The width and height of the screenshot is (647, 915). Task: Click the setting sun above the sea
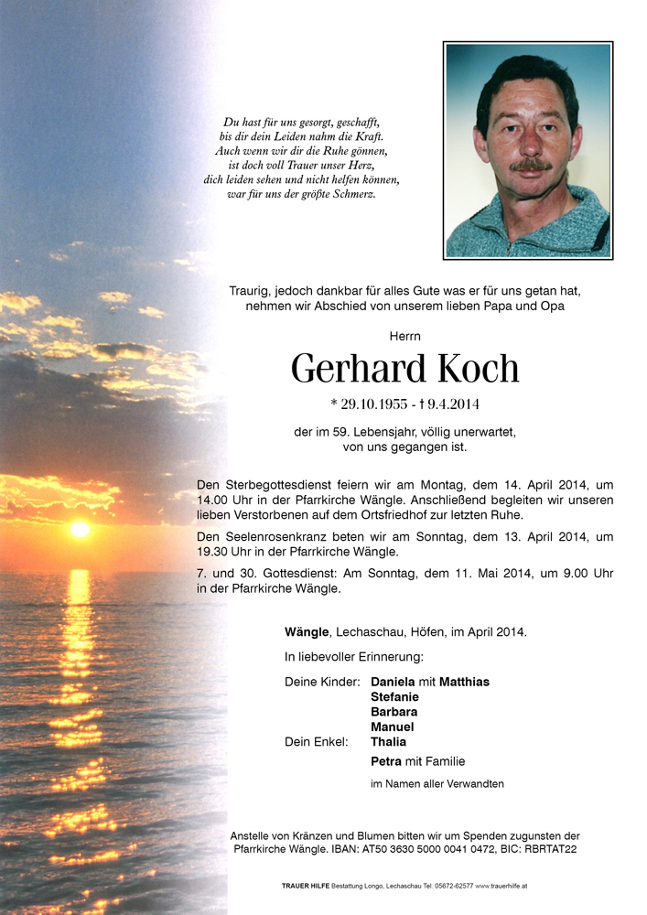(80, 529)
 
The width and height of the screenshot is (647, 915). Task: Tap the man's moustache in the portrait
(532, 166)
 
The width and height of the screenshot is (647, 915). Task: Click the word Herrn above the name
(404, 337)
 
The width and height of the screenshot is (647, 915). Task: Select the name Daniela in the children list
(393, 682)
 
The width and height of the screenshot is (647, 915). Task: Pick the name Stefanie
(394, 696)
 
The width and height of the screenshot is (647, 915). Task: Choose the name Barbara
(394, 712)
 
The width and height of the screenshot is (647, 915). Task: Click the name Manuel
(392, 727)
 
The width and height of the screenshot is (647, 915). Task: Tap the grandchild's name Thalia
(388, 741)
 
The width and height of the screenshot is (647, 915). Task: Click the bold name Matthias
(464, 682)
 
